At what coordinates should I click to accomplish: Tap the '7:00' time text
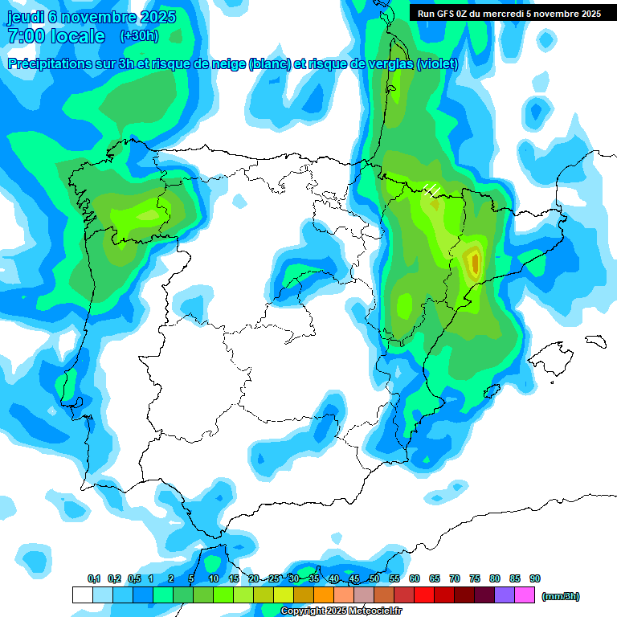coord(25,36)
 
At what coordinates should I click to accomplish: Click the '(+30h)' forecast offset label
coord(139,36)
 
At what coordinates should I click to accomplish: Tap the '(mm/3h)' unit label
coord(561,596)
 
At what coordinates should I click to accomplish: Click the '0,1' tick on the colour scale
coord(94,579)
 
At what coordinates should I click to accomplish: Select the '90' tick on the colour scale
coord(535,579)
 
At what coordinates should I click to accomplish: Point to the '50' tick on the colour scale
coord(374,579)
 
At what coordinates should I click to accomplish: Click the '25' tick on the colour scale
coord(274,579)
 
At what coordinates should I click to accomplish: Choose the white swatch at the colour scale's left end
coord(82,595)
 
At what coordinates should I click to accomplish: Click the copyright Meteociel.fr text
coord(341,611)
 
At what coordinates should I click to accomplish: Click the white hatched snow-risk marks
coord(432,190)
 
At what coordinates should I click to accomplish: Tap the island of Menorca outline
coord(595,340)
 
